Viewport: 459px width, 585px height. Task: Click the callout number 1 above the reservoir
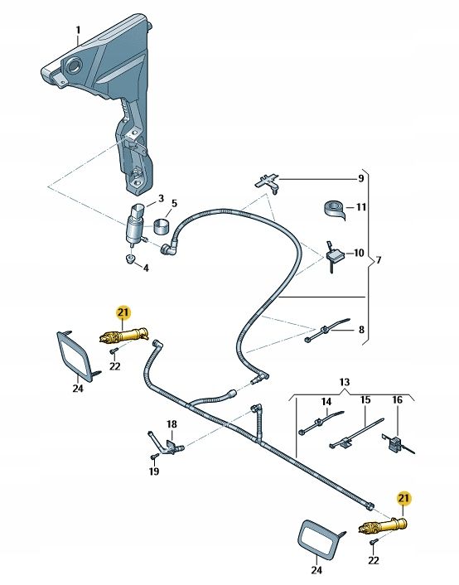tap(78, 30)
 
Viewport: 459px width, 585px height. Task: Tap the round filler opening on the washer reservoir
tap(73, 66)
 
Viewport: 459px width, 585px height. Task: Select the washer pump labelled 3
tap(135, 225)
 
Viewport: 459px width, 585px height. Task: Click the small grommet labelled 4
tap(130, 259)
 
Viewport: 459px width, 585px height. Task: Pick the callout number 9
tap(360, 178)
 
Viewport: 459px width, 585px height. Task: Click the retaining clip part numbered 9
tap(267, 182)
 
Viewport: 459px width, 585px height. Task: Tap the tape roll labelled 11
tap(334, 209)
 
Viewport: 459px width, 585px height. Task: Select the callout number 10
tap(359, 253)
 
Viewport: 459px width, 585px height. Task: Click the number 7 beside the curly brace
tap(379, 259)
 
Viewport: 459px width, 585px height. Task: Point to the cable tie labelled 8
tap(327, 330)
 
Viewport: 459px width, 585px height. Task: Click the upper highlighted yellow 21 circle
tap(123, 312)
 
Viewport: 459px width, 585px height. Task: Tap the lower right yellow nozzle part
tap(382, 525)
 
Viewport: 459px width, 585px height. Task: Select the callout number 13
tap(345, 382)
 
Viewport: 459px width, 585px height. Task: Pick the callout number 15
tap(365, 400)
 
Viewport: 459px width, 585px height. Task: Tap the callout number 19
tap(154, 471)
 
